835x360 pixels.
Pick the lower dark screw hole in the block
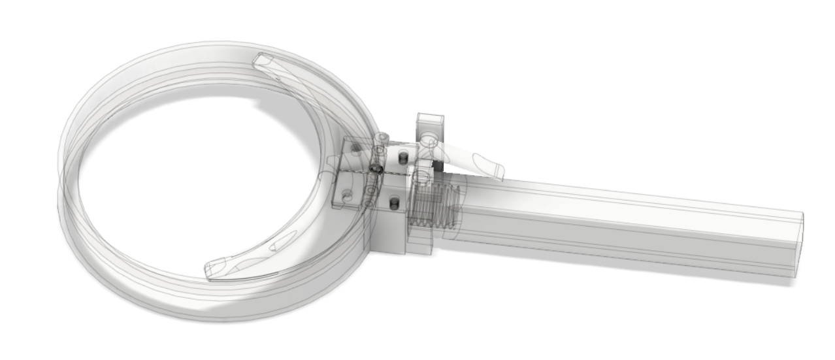(394, 204)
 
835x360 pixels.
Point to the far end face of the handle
(798, 245)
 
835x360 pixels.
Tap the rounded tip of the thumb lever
(497, 171)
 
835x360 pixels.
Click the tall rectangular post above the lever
(429, 124)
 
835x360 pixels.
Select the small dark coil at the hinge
(376, 169)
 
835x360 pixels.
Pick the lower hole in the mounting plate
(347, 195)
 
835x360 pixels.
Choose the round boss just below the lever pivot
(423, 176)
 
